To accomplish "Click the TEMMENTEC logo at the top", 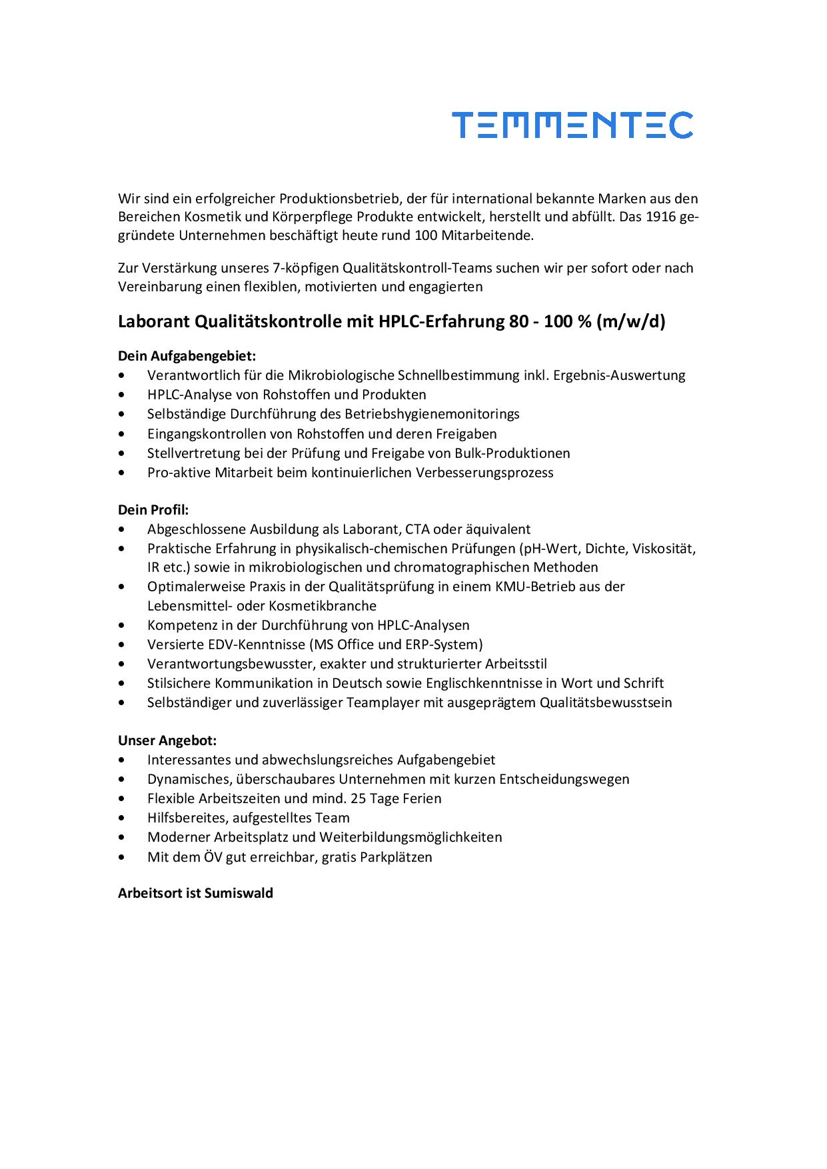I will [x=572, y=125].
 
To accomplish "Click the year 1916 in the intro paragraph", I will [x=660, y=217].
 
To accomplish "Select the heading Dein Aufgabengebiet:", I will [x=187, y=356].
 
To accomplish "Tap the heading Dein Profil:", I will [x=153, y=510].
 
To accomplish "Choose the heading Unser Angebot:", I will [x=167, y=740].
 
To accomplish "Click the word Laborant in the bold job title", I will [x=153, y=322].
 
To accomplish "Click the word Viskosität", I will [x=664, y=549].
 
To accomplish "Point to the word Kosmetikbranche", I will [x=323, y=606].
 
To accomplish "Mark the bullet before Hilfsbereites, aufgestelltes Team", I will [x=120, y=818].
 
